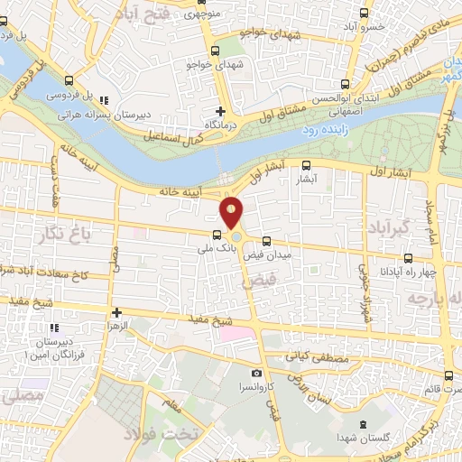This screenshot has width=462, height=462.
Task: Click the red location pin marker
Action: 232,212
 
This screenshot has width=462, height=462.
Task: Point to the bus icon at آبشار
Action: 307,165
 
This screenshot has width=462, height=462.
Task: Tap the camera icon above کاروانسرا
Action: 257,373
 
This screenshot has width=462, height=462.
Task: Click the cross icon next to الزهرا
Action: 115,312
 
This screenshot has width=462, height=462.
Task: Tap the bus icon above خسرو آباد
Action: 365,13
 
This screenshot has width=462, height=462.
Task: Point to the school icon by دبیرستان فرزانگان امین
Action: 54,327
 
